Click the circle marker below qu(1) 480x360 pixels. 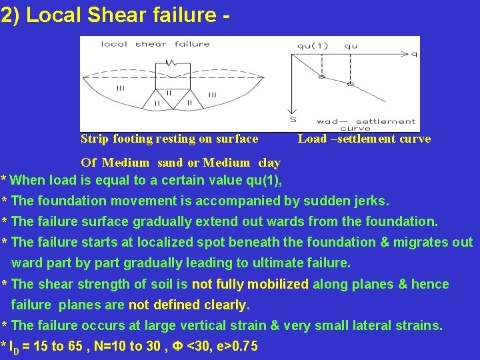coord(321,77)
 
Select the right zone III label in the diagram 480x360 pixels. coord(212,95)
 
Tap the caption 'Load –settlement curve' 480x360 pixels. coord(364,139)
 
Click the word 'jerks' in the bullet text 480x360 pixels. coord(372,201)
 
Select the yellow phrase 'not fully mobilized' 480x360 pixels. coord(250,284)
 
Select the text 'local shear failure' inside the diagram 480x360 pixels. coord(155,45)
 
